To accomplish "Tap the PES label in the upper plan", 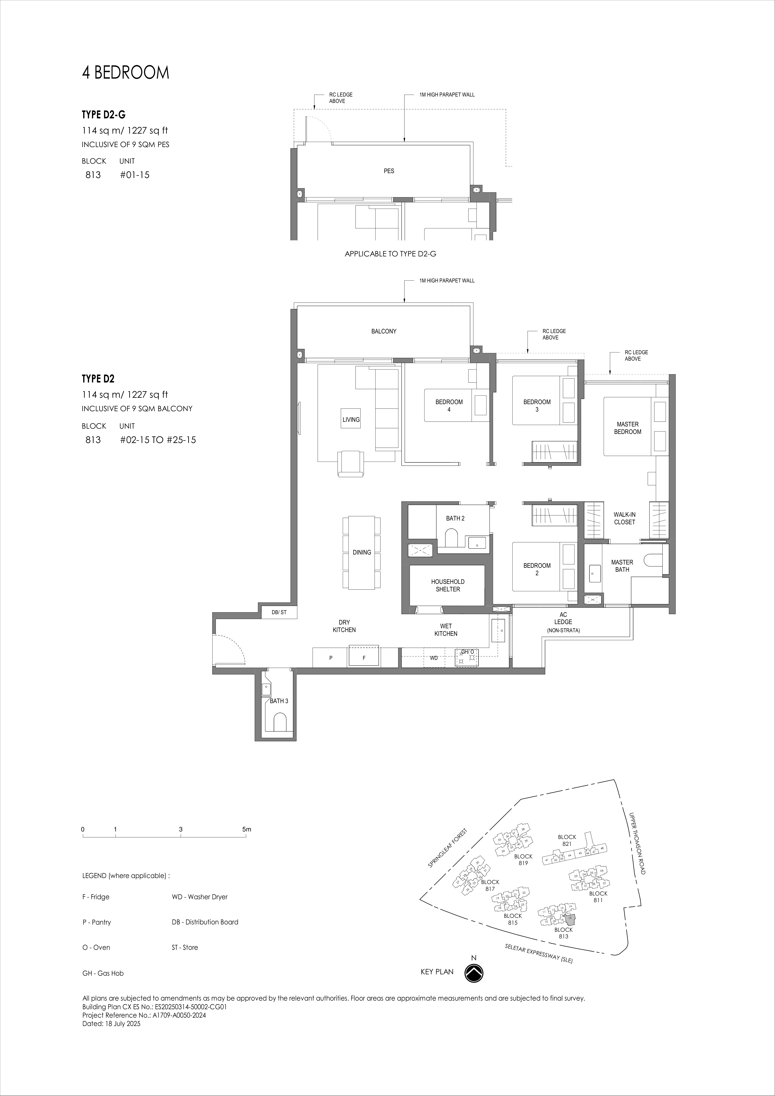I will point(389,171).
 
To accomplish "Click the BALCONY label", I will point(384,331).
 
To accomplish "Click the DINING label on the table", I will point(361,552).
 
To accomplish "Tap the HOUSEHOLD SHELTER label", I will point(447,585).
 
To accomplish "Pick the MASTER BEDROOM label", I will point(627,428).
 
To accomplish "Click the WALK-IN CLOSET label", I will point(624,518).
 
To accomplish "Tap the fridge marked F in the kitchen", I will point(364,657).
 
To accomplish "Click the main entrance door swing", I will point(229,649).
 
